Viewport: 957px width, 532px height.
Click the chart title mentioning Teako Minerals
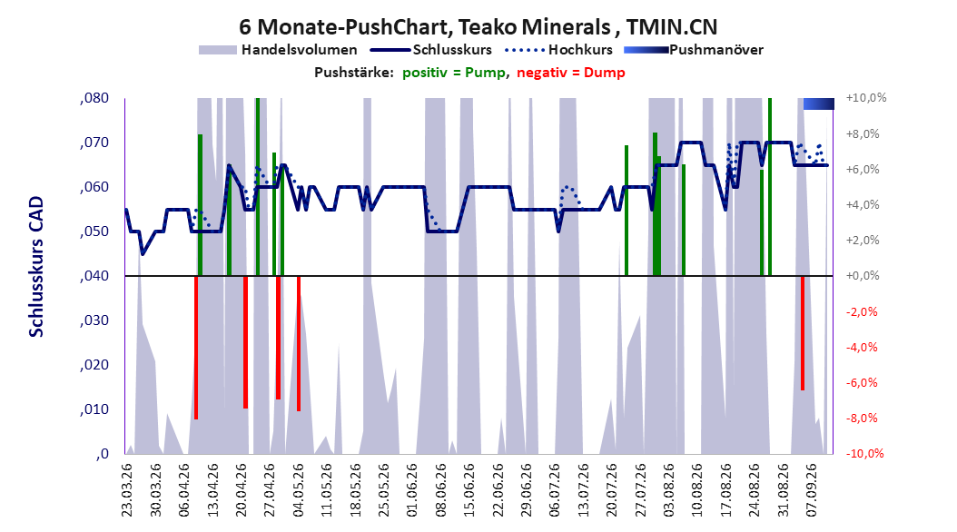click(x=478, y=27)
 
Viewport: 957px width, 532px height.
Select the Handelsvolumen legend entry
click(x=278, y=50)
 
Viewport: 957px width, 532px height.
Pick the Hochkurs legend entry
click(x=558, y=50)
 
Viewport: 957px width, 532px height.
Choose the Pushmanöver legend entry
click(x=694, y=50)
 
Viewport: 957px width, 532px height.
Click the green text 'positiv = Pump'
click(x=454, y=73)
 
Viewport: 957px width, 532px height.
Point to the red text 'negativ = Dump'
click(x=571, y=73)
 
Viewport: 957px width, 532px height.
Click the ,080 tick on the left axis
click(x=94, y=98)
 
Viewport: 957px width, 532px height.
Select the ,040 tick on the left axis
click(x=94, y=276)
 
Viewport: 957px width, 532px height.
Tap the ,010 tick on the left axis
click(x=94, y=409)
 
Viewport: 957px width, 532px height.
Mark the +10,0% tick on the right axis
click(x=866, y=98)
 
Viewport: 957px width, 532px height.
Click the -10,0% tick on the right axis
click(x=864, y=453)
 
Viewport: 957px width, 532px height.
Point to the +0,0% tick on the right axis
click(x=863, y=276)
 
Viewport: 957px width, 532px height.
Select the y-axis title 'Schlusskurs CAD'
click(x=36, y=267)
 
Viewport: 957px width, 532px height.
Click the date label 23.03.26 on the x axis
click(x=127, y=490)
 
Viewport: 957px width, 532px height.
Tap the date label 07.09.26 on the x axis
click(x=811, y=490)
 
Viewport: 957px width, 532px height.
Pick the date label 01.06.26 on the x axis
click(x=412, y=490)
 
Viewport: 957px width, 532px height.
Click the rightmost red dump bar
click(x=803, y=333)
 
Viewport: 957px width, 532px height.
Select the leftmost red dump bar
click(x=196, y=348)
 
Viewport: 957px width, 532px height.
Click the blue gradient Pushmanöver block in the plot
click(x=818, y=103)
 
